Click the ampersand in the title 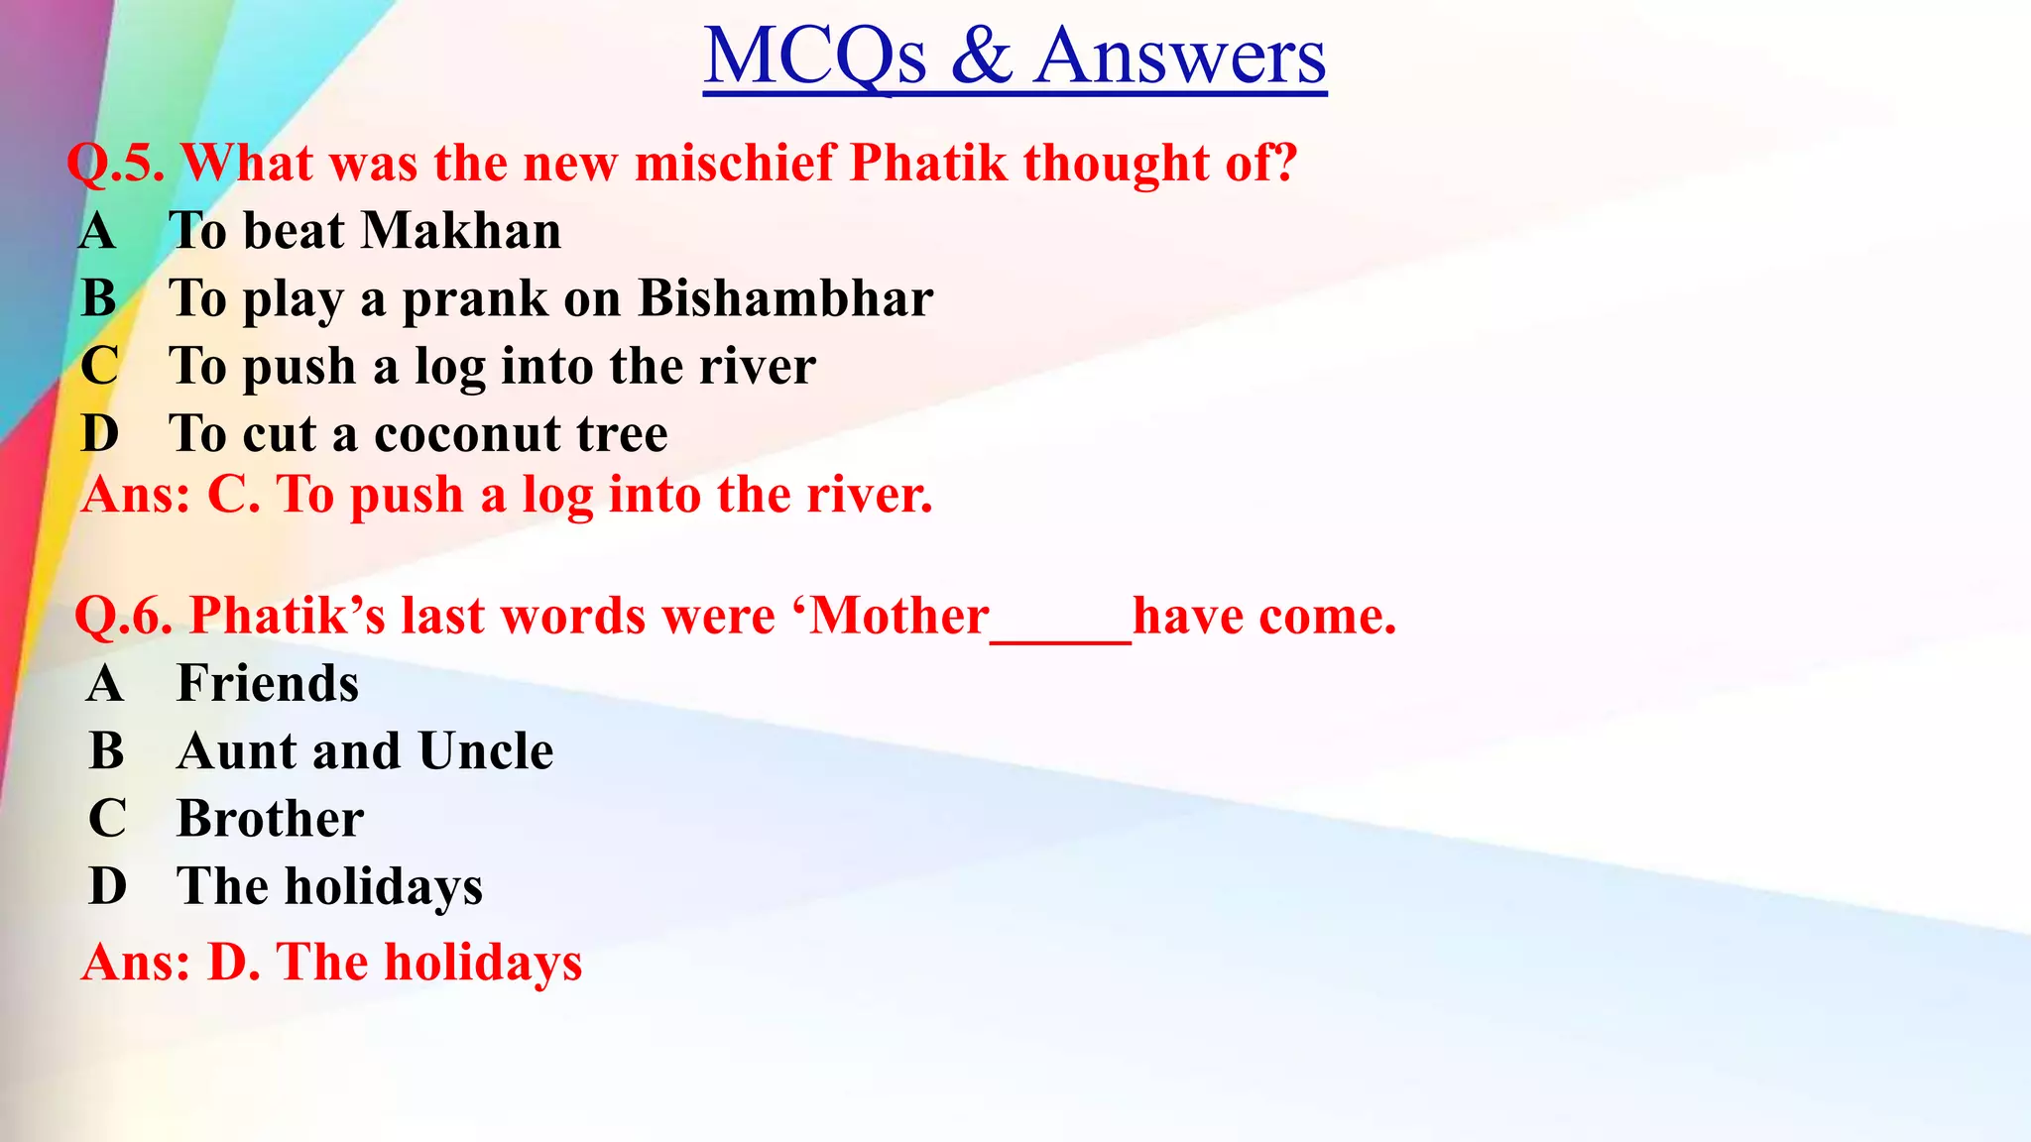tap(982, 57)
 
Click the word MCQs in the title tap(815, 57)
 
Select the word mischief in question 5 tap(736, 163)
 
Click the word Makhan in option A tap(461, 231)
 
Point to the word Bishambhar tap(784, 298)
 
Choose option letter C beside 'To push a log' tap(99, 366)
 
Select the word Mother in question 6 tap(899, 616)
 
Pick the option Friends tap(268, 684)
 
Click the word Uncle tap(486, 751)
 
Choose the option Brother tap(270, 819)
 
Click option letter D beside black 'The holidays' tap(107, 886)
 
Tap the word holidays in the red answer tap(483, 963)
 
